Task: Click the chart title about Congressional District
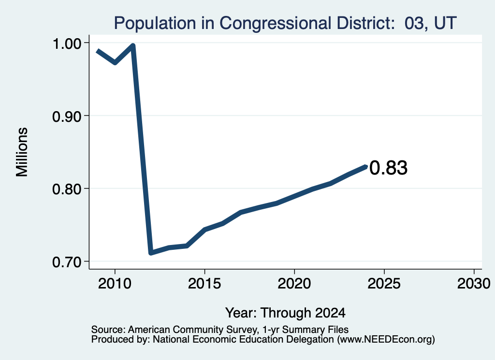(285, 23)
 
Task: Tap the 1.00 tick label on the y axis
(66, 43)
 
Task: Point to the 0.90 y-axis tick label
(66, 117)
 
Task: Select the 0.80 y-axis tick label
(66, 189)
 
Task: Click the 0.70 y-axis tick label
(66, 262)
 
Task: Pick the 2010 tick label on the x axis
(115, 284)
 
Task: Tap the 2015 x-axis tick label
(204, 284)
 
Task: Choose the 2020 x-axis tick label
(294, 284)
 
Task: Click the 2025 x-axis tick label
(384, 284)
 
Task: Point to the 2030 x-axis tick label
(474, 284)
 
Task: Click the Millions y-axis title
(22, 152)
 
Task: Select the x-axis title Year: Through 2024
(285, 313)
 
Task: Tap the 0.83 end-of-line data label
(388, 168)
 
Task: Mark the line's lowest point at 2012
(151, 253)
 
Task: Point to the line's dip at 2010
(115, 62)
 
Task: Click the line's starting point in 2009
(98, 51)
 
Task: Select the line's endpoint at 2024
(366, 167)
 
